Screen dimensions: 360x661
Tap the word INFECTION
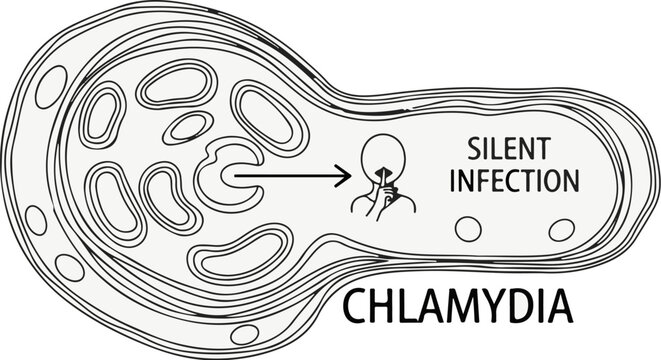click(517, 181)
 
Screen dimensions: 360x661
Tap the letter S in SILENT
click(474, 150)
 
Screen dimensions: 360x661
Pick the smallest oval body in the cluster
click(184, 128)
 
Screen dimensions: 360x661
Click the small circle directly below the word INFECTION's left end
click(468, 228)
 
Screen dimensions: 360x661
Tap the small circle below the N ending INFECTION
click(562, 228)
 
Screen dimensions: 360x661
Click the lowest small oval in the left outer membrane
click(70, 267)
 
